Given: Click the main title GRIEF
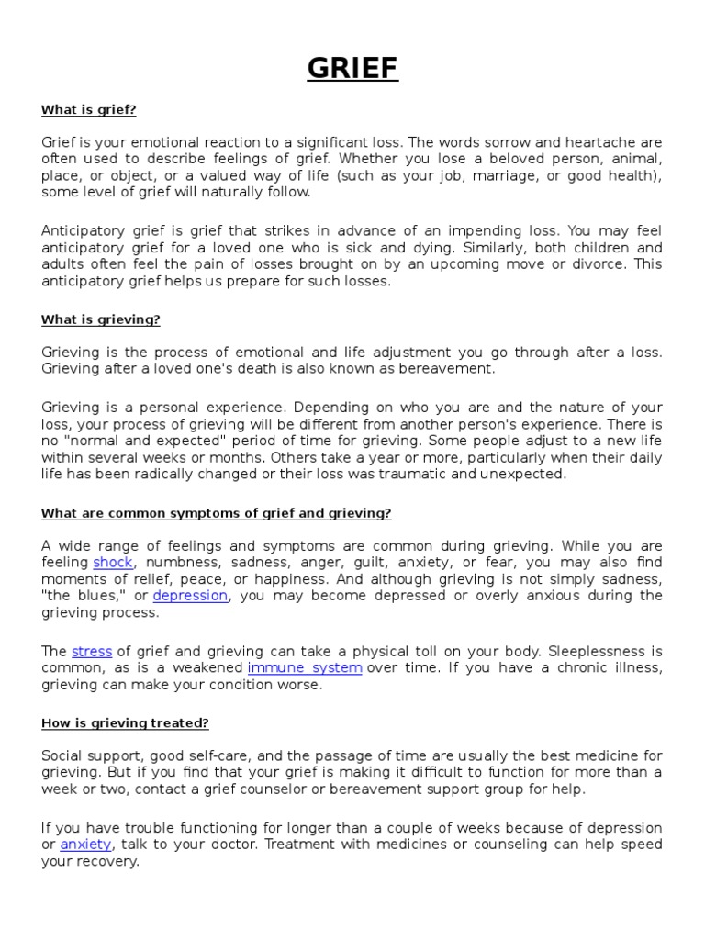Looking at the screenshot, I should pos(352,69).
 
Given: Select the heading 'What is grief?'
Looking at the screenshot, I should pos(88,110).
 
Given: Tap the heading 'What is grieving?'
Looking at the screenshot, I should pos(100,319).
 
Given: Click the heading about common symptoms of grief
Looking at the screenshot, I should pos(216,513).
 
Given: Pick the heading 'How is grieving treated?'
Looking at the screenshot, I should pos(125,723).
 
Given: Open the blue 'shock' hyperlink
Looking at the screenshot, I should pos(113,562).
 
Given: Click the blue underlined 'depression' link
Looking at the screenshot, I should pos(190,595).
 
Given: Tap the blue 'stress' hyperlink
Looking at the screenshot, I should pos(92,651).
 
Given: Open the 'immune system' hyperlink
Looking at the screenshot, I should pos(305,667).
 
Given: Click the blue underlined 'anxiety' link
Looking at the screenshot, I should pos(85,845).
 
